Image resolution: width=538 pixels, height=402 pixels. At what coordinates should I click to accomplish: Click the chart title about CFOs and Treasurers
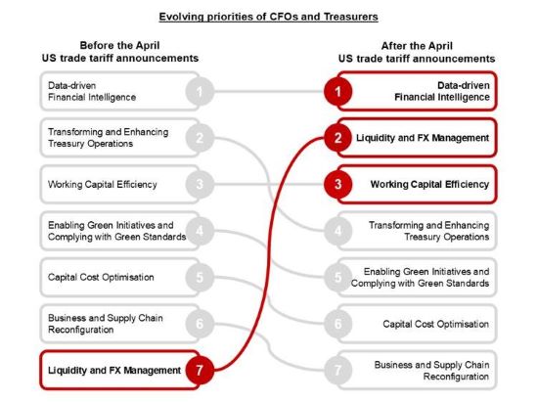click(268, 17)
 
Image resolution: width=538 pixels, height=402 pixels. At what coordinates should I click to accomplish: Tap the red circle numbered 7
click(200, 370)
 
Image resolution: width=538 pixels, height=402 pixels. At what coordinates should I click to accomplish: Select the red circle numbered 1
click(338, 91)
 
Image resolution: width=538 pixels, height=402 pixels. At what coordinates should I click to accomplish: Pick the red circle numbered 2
click(338, 138)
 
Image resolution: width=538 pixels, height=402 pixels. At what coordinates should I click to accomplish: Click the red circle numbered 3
click(338, 184)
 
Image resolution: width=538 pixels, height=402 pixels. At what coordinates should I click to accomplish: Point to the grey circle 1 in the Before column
click(200, 91)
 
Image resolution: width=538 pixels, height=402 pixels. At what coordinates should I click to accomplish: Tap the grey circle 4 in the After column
click(338, 231)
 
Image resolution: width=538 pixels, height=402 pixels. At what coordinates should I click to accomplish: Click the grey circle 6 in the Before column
click(200, 324)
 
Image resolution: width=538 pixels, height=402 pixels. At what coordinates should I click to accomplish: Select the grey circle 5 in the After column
click(338, 277)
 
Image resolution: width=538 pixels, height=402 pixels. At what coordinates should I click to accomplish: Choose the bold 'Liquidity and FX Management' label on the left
click(114, 371)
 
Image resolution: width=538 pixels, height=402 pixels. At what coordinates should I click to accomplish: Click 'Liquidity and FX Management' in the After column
click(423, 138)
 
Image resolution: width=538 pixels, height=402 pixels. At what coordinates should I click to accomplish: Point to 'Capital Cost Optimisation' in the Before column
click(101, 277)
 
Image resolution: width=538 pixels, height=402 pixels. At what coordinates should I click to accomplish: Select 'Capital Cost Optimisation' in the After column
click(435, 324)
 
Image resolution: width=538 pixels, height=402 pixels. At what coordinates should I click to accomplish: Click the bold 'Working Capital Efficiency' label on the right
click(429, 184)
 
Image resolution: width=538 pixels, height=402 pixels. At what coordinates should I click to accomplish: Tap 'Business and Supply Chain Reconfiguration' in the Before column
click(106, 324)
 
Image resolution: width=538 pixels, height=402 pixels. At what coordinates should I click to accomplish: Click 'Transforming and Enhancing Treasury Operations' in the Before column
click(108, 138)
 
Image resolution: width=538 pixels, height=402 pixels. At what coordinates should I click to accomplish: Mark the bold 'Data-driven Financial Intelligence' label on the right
click(442, 91)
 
